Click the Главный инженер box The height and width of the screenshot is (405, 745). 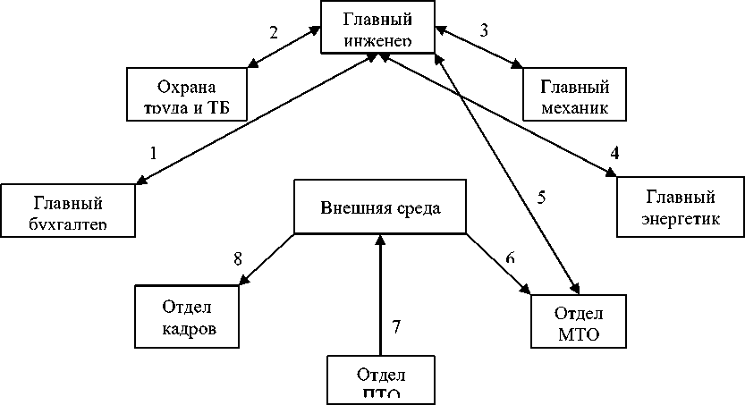pos(379,27)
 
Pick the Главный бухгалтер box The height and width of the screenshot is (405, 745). pos(68,211)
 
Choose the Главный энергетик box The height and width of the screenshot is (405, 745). pos(681,207)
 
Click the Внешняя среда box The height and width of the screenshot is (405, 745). pos(381,208)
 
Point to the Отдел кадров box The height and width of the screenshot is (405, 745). pos(187,318)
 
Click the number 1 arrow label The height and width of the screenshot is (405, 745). pos(153,153)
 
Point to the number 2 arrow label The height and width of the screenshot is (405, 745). pos(274,32)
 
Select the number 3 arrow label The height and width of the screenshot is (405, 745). pos(484,30)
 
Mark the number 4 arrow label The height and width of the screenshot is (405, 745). pos(614,152)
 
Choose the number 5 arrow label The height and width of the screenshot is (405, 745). pos(541,197)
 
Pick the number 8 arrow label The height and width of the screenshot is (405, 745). pos(238,258)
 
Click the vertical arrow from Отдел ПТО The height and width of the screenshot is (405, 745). pos(380,295)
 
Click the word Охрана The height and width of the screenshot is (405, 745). pos(187,87)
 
